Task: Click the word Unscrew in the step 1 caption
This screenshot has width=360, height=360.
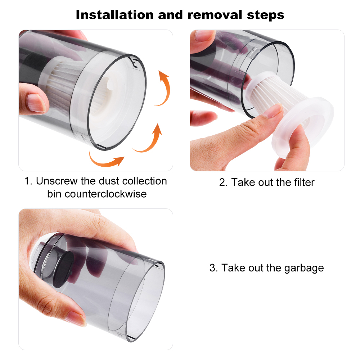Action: click(x=57, y=181)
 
